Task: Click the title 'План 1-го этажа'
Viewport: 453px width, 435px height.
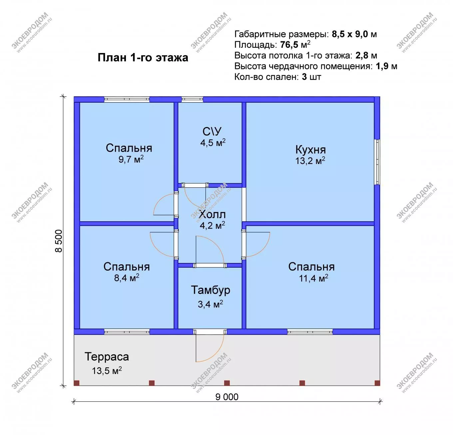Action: [x=143, y=58]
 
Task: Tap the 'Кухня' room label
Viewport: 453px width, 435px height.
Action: [x=310, y=150]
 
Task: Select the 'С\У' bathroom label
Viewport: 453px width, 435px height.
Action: [x=212, y=132]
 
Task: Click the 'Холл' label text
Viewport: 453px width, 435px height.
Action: [x=212, y=214]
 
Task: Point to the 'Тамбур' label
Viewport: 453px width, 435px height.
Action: [x=211, y=290]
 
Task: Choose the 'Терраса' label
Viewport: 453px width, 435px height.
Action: [x=107, y=357]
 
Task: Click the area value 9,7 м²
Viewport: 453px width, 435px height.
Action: [x=131, y=159]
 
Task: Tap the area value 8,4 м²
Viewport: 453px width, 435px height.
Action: [x=127, y=277]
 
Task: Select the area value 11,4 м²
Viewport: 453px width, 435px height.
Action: [x=313, y=278]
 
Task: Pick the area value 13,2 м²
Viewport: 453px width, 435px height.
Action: [x=310, y=161]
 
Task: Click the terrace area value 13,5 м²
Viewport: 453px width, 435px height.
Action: [x=107, y=370]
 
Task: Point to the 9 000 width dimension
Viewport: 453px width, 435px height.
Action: [x=227, y=397]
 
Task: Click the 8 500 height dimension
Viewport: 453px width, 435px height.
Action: [x=59, y=241]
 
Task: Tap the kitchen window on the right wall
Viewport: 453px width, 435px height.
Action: [x=377, y=162]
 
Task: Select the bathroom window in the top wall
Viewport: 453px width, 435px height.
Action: [x=192, y=99]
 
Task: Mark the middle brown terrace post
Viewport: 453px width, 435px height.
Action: [x=227, y=383]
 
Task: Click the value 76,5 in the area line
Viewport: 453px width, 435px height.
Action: [x=289, y=45]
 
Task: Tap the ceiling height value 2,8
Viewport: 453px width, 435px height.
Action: [x=362, y=55]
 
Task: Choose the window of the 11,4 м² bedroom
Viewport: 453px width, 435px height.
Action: [x=310, y=332]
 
